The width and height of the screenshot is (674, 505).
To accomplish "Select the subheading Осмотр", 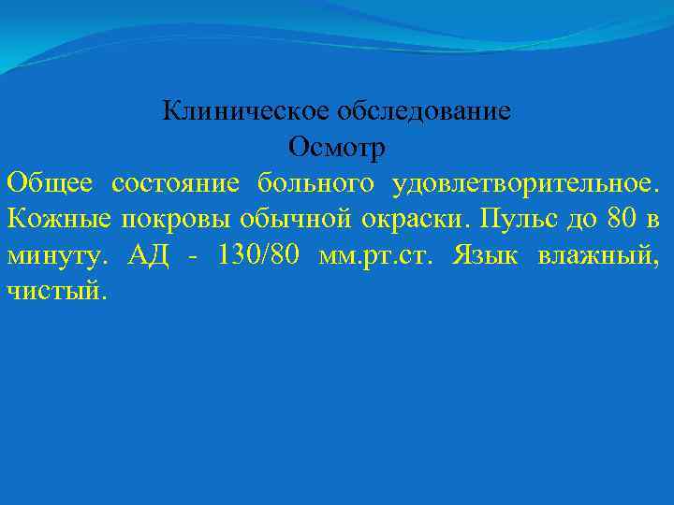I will pyautogui.click(x=337, y=147).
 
